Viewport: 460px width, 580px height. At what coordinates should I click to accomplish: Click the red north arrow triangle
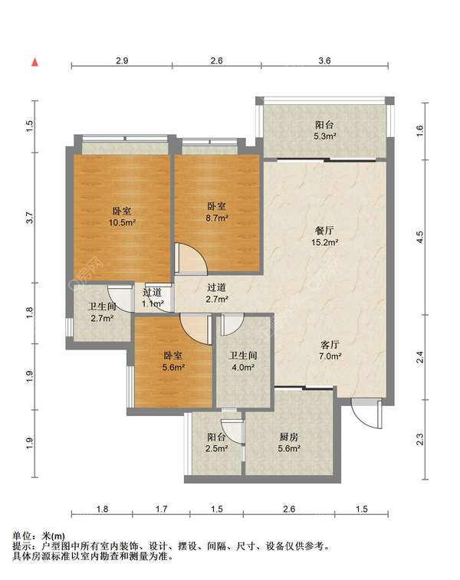(34, 62)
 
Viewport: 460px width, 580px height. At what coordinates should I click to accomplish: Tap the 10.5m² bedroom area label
(122, 217)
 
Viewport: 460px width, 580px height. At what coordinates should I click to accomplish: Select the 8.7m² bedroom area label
(216, 212)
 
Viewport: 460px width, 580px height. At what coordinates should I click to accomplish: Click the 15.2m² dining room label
(324, 237)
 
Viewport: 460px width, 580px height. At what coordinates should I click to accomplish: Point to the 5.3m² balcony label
(324, 130)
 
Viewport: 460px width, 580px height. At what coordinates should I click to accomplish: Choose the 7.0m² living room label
(330, 350)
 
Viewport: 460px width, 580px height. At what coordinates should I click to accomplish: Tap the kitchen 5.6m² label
(289, 443)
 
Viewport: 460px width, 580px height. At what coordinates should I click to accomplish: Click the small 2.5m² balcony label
(217, 443)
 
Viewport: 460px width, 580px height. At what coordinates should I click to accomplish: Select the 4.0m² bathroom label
(243, 362)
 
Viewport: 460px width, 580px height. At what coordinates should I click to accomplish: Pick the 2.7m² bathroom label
(102, 312)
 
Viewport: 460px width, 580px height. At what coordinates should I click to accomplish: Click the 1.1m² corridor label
(153, 298)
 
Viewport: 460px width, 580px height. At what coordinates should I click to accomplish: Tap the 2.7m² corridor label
(216, 293)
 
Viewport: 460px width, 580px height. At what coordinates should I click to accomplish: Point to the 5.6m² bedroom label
(173, 362)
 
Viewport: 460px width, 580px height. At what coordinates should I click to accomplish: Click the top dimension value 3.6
(324, 61)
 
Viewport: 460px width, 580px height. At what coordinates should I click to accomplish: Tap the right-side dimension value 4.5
(419, 237)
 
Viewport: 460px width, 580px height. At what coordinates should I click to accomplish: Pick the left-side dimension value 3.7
(31, 218)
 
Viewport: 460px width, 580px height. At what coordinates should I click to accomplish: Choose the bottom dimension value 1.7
(161, 509)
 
